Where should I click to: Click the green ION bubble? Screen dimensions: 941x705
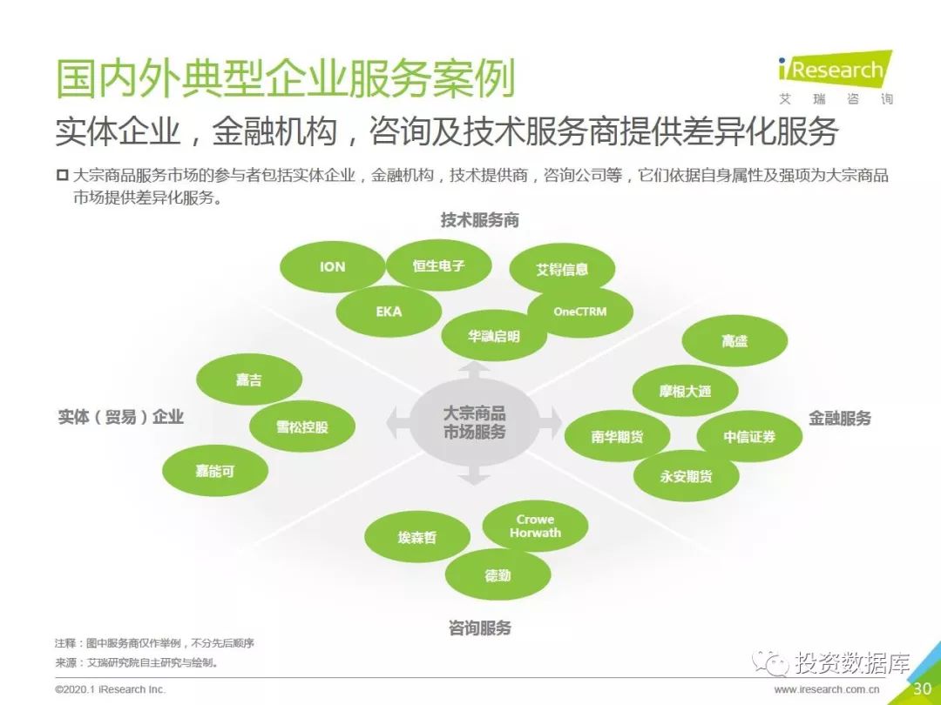pyautogui.click(x=333, y=267)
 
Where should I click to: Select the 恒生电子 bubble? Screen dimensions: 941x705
pyautogui.click(x=438, y=265)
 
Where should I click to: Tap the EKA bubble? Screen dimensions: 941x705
pyautogui.click(x=389, y=312)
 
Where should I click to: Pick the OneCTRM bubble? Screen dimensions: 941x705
pyautogui.click(x=580, y=312)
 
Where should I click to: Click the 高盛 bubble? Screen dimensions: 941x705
pyautogui.click(x=735, y=341)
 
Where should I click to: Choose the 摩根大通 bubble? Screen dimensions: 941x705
pyautogui.click(x=686, y=392)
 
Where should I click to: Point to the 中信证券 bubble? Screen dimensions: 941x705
pyautogui.click(x=749, y=437)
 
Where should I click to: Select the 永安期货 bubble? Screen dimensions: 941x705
pyautogui.click(x=686, y=477)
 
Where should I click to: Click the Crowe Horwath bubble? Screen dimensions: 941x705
pyautogui.click(x=535, y=527)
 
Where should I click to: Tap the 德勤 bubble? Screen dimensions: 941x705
pyautogui.click(x=498, y=575)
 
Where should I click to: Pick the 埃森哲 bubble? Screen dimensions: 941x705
pyautogui.click(x=417, y=537)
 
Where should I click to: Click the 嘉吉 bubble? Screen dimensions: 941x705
pyautogui.click(x=249, y=380)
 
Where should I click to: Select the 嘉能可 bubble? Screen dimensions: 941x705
pyautogui.click(x=215, y=471)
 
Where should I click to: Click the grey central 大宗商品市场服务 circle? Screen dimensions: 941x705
pyautogui.click(x=474, y=423)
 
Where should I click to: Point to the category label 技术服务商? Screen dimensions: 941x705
pyautogui.click(x=480, y=220)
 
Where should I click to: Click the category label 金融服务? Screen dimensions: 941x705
pyautogui.click(x=840, y=419)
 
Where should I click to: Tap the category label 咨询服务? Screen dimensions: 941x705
pyautogui.click(x=480, y=628)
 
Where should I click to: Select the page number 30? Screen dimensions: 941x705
pyautogui.click(x=923, y=688)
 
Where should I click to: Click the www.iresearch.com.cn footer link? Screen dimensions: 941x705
pyautogui.click(x=826, y=690)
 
